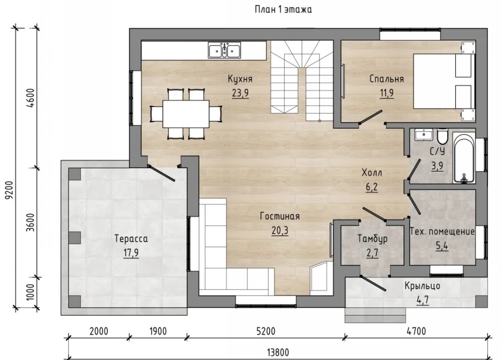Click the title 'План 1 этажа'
tap(283, 10)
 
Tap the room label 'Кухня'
tap(240, 79)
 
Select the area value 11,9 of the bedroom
tap(387, 93)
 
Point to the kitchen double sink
tap(224, 50)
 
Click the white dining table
tap(186, 114)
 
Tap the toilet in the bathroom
tap(442, 136)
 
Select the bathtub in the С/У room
tap(464, 159)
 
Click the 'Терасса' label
tap(131, 239)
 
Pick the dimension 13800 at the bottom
tap(278, 353)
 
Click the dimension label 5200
tap(266, 331)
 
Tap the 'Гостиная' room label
tap(280, 217)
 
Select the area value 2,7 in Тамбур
tap(372, 253)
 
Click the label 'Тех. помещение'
tap(443, 231)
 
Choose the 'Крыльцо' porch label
tap(422, 286)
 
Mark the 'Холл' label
tap(372, 173)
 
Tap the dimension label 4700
tap(416, 331)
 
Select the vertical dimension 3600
tap(31, 222)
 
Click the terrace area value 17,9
tap(131, 253)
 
